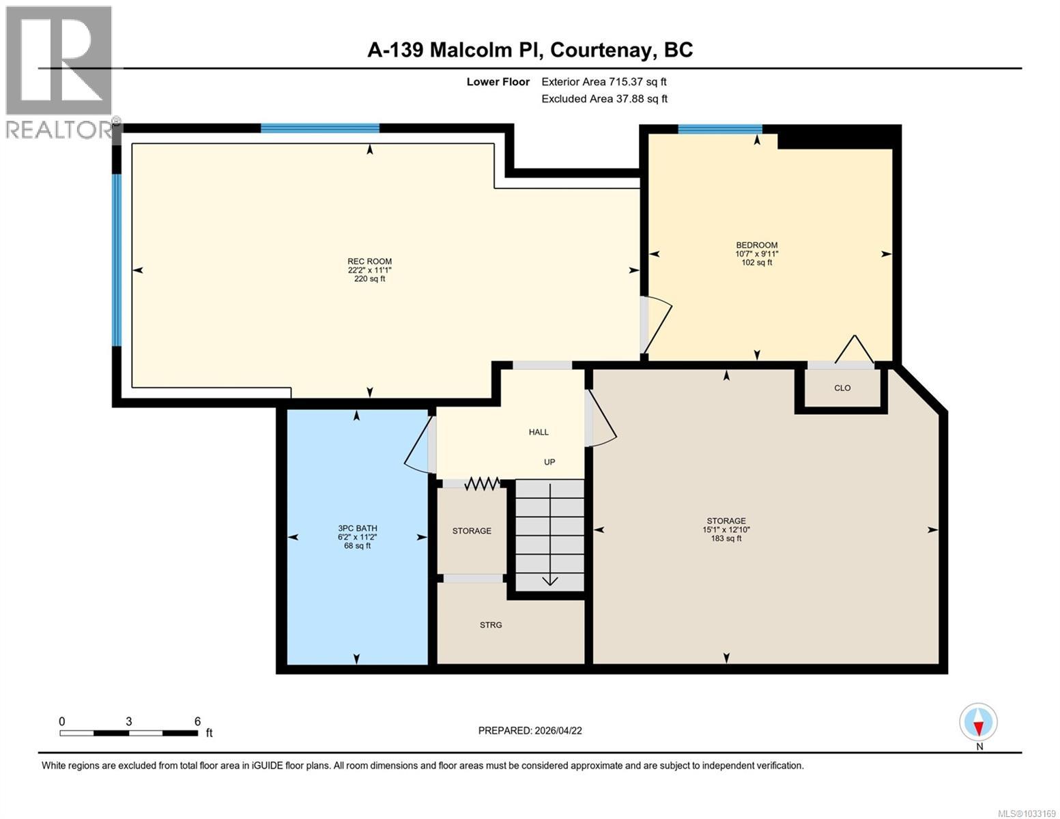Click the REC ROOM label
tap(369, 261)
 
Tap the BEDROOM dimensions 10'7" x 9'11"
tap(756, 254)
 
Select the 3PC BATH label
tap(357, 528)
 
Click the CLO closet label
tap(842, 388)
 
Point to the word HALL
tap(539, 432)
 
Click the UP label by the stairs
tap(549, 462)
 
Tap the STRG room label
tap(491, 625)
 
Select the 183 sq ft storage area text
tap(726, 538)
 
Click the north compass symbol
tap(979, 722)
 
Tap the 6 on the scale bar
tap(197, 721)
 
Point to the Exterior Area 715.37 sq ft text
tap(603, 82)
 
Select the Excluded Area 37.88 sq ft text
tap(604, 99)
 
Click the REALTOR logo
tap(60, 72)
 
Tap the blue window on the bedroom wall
tap(719, 129)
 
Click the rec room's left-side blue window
tap(117, 259)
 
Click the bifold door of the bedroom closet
tap(854, 349)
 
